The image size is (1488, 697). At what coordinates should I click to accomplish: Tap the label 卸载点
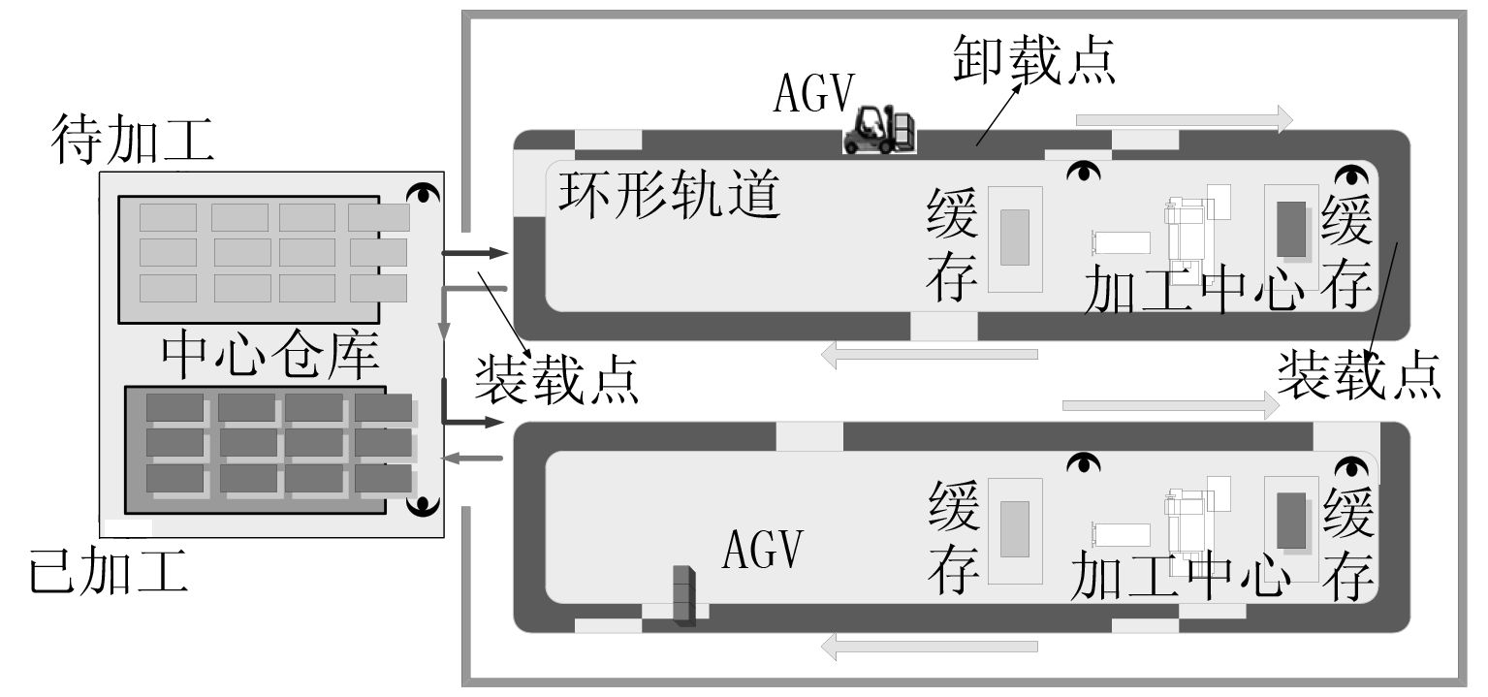[1032, 60]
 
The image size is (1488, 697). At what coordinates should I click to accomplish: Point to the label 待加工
[133, 142]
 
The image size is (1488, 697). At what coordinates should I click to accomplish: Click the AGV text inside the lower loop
[764, 550]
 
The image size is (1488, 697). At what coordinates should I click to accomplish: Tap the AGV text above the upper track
[814, 93]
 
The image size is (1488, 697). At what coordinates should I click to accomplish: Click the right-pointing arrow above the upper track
[1184, 119]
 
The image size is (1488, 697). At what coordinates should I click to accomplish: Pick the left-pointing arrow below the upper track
[929, 355]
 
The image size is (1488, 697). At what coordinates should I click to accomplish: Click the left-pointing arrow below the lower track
[929, 646]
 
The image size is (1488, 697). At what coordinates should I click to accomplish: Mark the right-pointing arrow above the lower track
[1171, 405]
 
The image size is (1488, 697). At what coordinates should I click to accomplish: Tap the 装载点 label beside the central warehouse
[556, 379]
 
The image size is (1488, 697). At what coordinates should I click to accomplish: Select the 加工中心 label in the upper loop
[1191, 290]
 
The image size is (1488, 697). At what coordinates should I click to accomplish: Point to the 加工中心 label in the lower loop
[1181, 578]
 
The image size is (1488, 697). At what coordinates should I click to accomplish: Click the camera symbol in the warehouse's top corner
[424, 193]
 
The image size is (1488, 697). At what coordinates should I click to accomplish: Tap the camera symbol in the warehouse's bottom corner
[424, 506]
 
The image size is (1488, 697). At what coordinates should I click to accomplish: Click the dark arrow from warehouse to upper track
[474, 253]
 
